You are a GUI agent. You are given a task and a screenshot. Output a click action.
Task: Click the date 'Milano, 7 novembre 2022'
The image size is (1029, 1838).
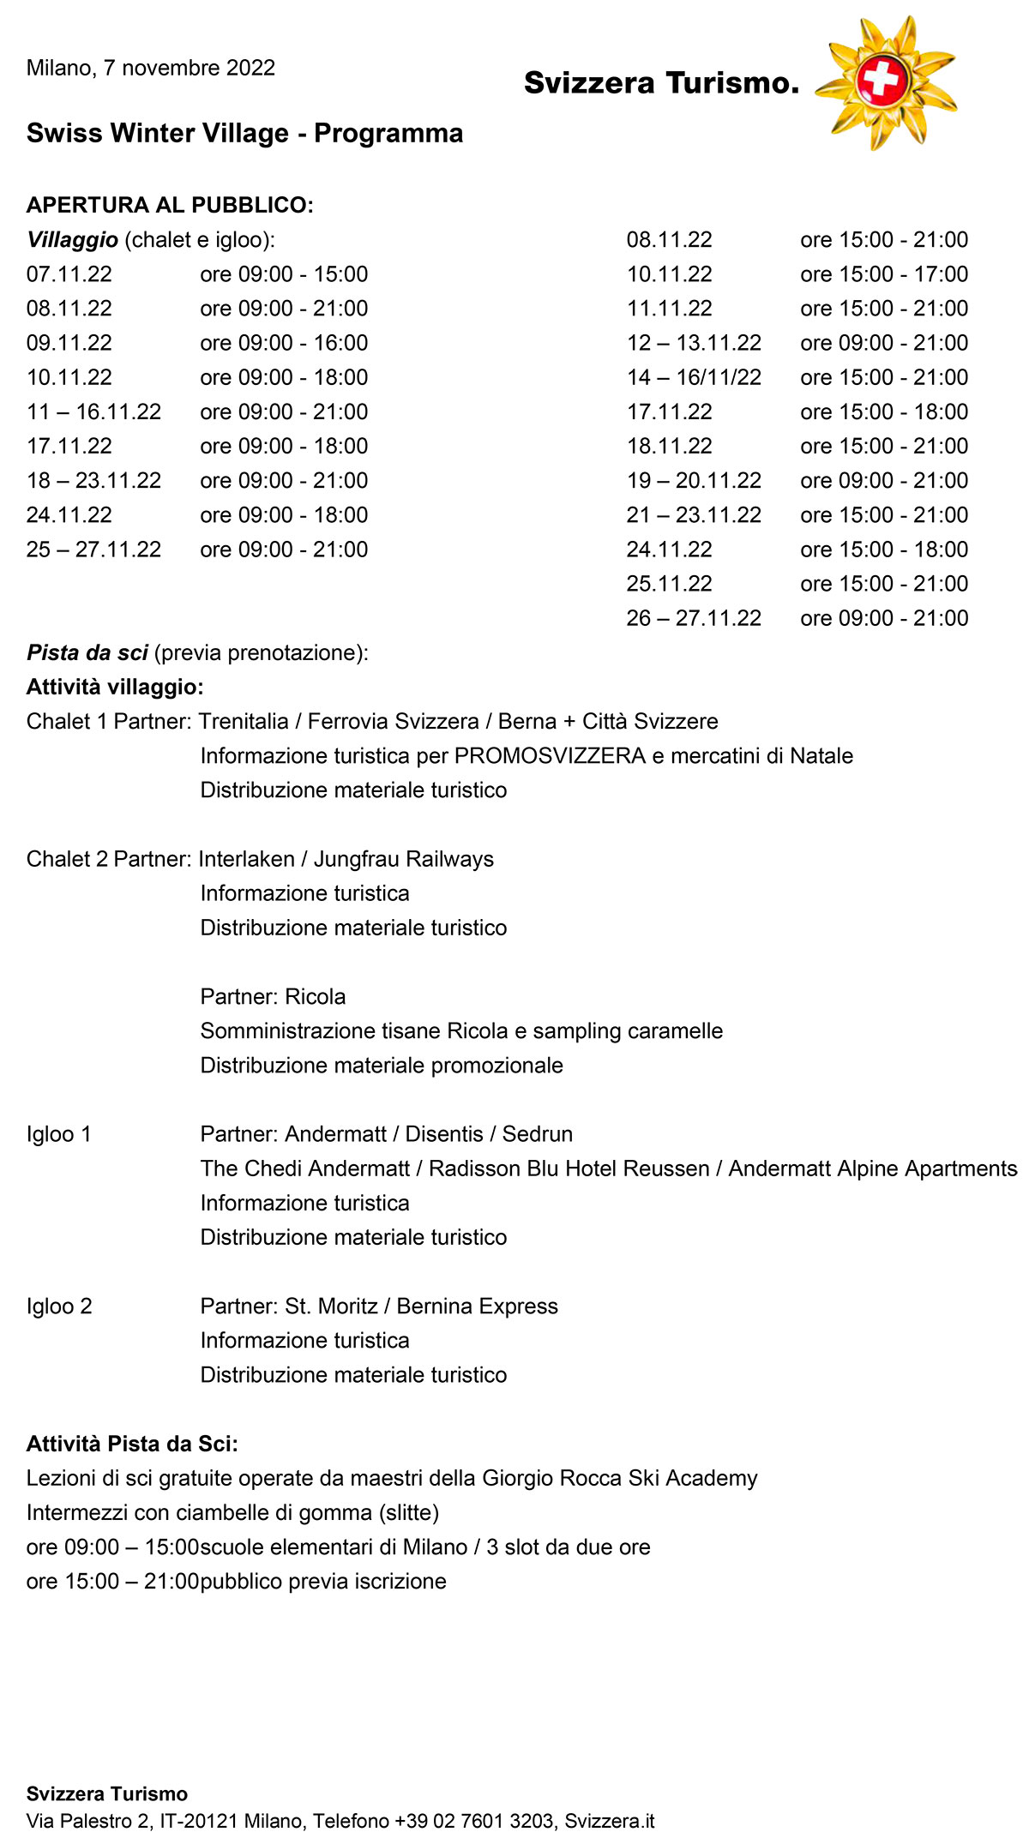[x=151, y=69]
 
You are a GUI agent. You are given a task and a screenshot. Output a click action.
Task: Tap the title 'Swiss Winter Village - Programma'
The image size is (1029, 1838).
[x=244, y=134]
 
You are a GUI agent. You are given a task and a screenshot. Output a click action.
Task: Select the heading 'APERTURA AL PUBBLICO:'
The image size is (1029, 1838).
[x=170, y=205]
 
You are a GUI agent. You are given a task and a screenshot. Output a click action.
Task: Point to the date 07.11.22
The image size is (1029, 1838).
[x=69, y=274]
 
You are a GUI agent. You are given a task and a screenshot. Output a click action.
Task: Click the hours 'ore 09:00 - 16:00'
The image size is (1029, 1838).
[x=284, y=343]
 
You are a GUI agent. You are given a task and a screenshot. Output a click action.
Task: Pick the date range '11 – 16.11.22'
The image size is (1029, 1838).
[x=93, y=412]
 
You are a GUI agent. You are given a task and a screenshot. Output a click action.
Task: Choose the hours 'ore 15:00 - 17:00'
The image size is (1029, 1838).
[x=884, y=274]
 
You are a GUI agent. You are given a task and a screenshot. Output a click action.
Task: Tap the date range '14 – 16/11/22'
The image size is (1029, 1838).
[x=694, y=378]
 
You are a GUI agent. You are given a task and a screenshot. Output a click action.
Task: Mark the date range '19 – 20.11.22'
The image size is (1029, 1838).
[x=694, y=481]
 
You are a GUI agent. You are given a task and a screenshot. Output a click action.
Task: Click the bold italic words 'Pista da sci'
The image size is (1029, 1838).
[x=87, y=653]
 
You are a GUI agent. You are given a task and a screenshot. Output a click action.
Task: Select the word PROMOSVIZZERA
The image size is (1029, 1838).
[x=550, y=756]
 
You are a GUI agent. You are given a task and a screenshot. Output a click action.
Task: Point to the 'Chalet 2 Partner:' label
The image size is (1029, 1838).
[x=109, y=859]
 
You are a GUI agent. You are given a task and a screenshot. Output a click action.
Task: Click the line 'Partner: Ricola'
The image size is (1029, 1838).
[x=273, y=997]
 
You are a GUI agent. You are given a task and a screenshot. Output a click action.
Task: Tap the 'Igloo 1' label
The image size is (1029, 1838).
[x=59, y=1134]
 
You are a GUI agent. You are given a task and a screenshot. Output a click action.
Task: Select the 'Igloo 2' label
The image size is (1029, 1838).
[x=59, y=1306]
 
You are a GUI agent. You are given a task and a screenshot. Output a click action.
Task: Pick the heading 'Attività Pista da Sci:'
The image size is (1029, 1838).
[x=132, y=1445]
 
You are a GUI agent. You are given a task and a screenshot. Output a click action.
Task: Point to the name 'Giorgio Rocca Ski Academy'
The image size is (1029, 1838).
[x=620, y=1479]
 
